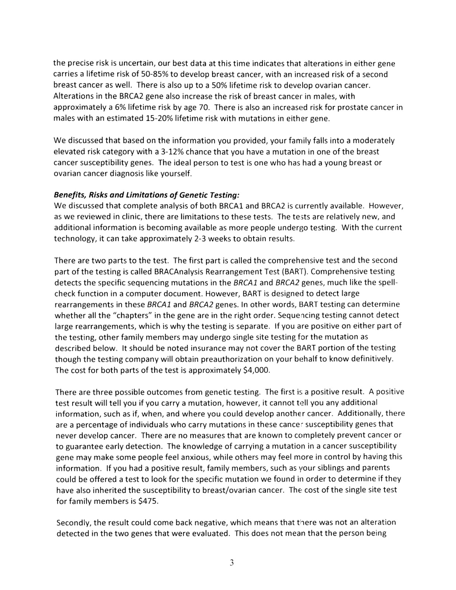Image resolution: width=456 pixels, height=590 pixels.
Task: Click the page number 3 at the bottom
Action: pos(232,563)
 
